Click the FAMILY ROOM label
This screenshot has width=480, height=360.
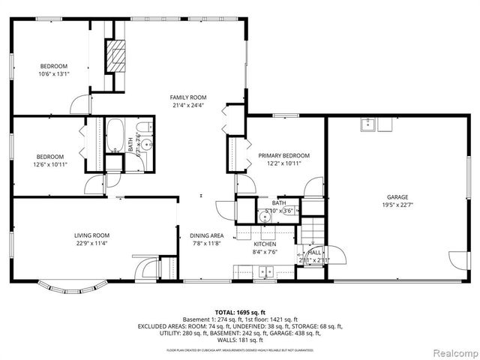point(187,97)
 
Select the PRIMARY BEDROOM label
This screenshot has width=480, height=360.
point(283,156)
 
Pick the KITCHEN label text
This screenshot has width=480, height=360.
point(265,244)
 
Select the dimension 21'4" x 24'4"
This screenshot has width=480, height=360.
point(187,106)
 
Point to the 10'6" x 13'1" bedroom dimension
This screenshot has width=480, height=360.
point(53,74)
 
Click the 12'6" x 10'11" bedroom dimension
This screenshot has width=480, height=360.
point(49,164)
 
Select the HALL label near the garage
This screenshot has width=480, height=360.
point(314,253)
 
